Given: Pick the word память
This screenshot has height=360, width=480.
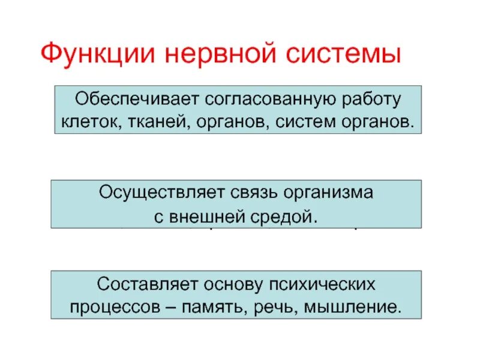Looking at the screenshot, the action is [225, 307].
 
